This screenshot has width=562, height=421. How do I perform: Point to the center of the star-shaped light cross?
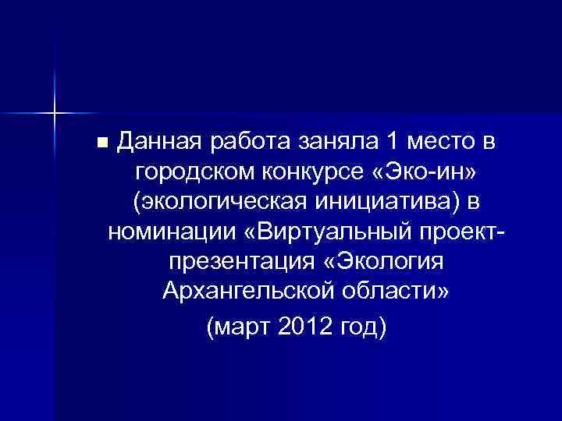(x=54, y=114)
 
